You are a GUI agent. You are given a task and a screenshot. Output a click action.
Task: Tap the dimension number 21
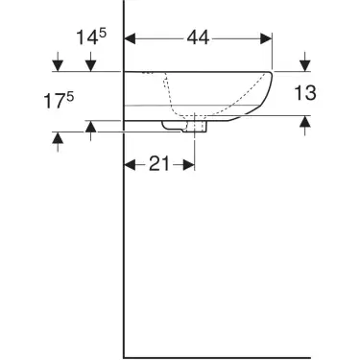[160, 164]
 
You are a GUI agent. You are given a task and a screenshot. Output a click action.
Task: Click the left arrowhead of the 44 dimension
[132, 39]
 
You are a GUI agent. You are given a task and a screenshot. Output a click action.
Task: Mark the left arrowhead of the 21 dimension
[132, 164]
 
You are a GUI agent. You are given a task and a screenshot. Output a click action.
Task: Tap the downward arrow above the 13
[304, 64]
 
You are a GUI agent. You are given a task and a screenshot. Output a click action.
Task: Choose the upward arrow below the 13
[304, 122]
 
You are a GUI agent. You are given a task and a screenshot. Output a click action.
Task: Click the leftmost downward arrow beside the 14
[60, 64]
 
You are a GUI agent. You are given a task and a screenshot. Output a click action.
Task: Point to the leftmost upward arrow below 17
[60, 140]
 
